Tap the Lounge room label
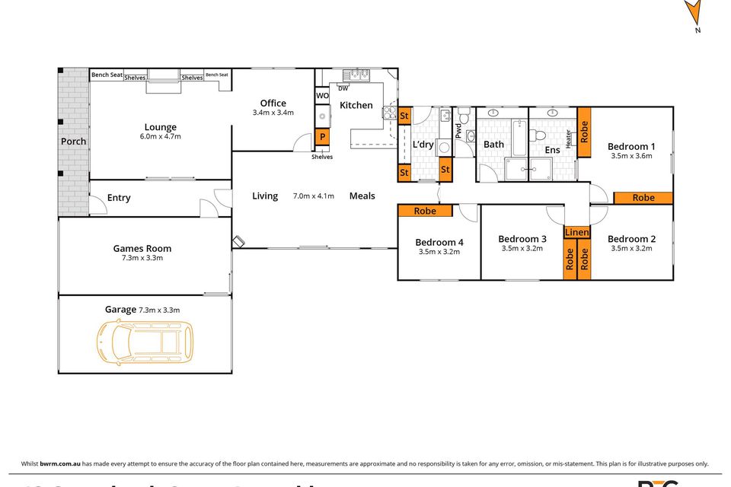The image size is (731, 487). point(160,127)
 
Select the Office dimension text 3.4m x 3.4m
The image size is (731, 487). point(273,113)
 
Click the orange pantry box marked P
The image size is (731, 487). point(322,138)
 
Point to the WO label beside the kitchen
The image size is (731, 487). point(322,96)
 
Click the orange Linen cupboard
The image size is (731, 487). point(576,231)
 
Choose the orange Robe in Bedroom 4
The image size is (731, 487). point(425,211)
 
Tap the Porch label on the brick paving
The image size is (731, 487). point(73,142)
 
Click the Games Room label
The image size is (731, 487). point(142,248)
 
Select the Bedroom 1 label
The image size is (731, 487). point(631,146)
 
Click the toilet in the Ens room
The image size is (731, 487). point(538,135)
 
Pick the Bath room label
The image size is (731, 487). point(493,145)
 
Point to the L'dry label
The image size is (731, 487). point(423,145)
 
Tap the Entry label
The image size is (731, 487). point(118,198)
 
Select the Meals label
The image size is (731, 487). point(362,196)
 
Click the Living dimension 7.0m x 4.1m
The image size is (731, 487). point(313,196)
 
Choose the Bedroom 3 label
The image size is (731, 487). point(522,239)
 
